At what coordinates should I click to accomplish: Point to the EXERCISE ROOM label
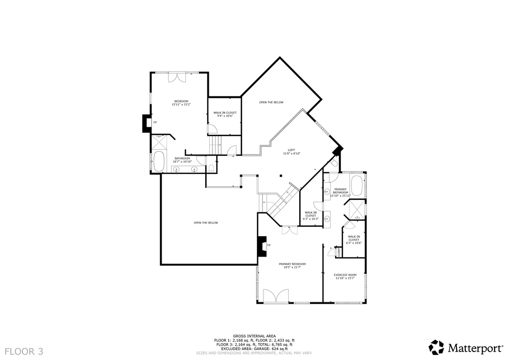[345, 275]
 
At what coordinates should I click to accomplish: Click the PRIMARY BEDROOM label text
[292, 264]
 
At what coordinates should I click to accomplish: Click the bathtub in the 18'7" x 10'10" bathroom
[159, 162]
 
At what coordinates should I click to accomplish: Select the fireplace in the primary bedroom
[260, 246]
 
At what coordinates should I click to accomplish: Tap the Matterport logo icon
[436, 347]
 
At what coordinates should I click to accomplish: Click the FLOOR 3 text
[22, 352]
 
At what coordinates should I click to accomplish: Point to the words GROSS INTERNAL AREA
[254, 336]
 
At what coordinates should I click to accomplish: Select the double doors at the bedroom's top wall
[177, 77]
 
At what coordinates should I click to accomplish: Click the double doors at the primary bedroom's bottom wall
[276, 296]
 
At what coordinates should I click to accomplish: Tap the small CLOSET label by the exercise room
[339, 252]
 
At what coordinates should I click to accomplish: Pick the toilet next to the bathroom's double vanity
[211, 168]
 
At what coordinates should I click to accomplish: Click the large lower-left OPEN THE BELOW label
[206, 223]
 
